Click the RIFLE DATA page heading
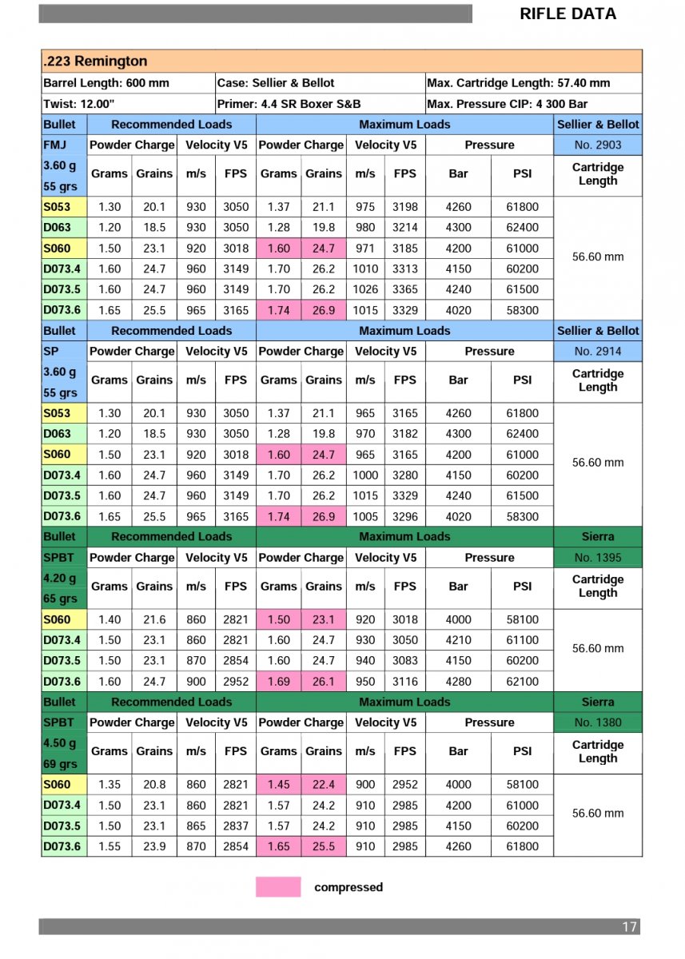[x=568, y=14]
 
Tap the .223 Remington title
[x=95, y=62]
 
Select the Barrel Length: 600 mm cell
[x=106, y=83]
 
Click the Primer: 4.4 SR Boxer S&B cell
[x=289, y=104]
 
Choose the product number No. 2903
[x=597, y=145]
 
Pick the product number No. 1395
[x=597, y=558]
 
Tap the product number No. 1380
[x=597, y=722]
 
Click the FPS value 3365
[x=405, y=289]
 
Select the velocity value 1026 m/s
[x=365, y=289]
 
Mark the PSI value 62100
[x=523, y=682]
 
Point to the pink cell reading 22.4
[x=324, y=785]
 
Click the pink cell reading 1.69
[x=279, y=682]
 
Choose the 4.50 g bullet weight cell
[x=61, y=742]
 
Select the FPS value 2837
[x=236, y=826]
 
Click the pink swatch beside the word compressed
[x=278, y=887]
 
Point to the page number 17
[x=629, y=927]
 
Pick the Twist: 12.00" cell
[x=79, y=104]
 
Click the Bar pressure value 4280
[x=458, y=682]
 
